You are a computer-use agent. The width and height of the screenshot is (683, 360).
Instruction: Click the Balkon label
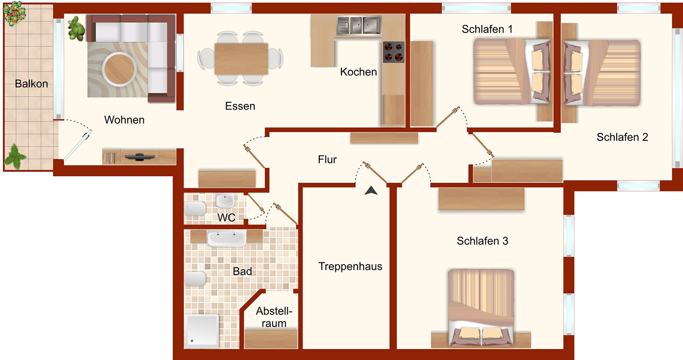(x=31, y=84)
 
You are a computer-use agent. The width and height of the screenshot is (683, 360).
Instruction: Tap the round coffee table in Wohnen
(x=119, y=69)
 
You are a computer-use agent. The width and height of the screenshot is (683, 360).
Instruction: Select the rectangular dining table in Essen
(x=241, y=59)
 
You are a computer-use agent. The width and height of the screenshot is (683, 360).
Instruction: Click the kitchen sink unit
(x=359, y=25)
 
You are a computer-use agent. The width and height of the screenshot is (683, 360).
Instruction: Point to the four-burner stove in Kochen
(x=394, y=52)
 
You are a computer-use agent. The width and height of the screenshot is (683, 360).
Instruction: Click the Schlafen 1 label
(x=487, y=29)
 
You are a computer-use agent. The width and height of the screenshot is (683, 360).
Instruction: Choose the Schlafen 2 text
(x=622, y=137)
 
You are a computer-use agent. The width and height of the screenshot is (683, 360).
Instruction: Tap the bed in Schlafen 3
(x=481, y=307)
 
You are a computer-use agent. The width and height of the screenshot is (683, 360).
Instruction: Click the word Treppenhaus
(x=351, y=267)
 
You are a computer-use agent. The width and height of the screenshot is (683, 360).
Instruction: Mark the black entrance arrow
(x=371, y=191)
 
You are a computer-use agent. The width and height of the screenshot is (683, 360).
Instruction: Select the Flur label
(x=327, y=159)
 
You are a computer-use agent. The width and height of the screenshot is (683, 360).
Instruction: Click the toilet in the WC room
(x=195, y=209)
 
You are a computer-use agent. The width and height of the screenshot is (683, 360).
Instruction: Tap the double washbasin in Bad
(x=227, y=238)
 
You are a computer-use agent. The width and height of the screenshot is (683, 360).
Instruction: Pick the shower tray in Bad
(x=201, y=332)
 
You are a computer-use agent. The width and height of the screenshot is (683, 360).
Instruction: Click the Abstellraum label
(x=274, y=317)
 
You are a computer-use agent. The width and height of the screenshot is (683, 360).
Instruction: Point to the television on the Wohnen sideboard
(x=139, y=157)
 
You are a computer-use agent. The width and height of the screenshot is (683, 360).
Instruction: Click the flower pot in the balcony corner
(x=14, y=13)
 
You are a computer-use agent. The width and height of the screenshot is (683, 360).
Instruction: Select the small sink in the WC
(x=225, y=200)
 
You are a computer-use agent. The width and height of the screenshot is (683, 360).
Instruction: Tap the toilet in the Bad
(x=195, y=278)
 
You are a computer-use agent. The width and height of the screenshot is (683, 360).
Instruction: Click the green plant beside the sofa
(x=76, y=28)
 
